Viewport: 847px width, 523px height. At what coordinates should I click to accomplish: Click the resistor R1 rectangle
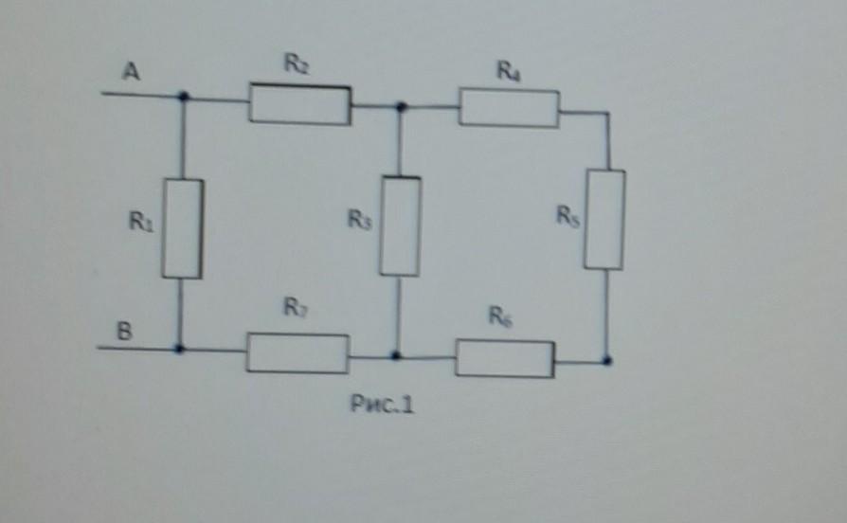(182, 228)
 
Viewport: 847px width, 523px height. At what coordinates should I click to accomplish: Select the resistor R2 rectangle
(299, 104)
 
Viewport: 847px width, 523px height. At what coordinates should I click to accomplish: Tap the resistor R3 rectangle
(400, 225)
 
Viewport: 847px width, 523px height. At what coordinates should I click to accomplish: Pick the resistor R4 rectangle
(509, 108)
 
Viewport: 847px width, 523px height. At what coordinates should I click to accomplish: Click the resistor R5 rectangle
(604, 219)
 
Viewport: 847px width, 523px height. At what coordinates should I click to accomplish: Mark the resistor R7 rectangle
(297, 352)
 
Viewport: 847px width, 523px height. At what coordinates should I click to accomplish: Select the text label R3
(358, 220)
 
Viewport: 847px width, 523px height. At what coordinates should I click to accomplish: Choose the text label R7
(294, 308)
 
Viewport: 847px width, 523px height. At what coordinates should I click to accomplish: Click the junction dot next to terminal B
(179, 349)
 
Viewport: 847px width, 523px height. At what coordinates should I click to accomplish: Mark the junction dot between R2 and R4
(401, 108)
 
